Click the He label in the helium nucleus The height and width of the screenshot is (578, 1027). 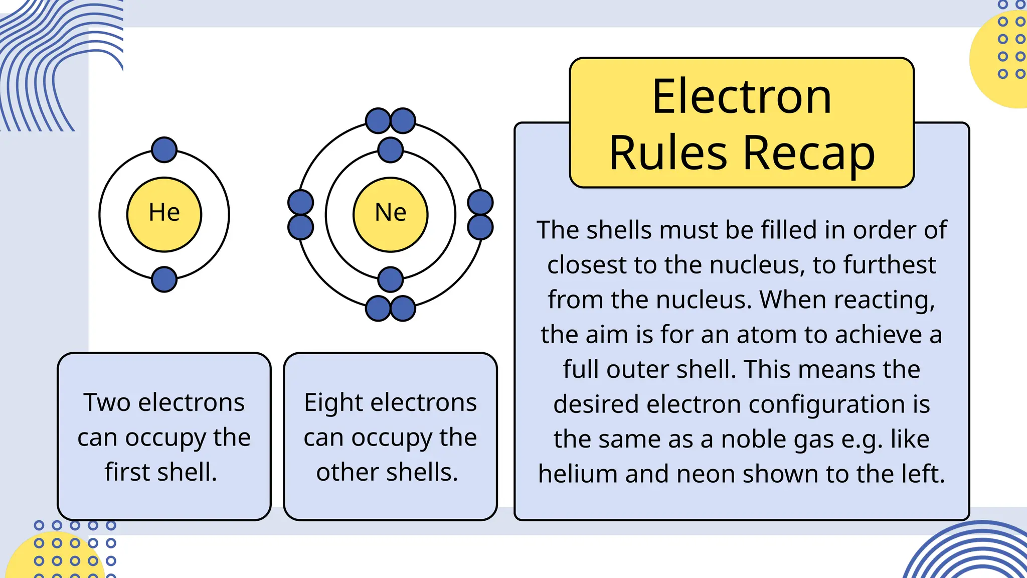tap(164, 213)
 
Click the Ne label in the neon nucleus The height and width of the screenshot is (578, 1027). tap(390, 213)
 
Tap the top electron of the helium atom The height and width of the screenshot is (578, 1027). tap(164, 150)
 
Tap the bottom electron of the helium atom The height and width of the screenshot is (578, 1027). tap(164, 279)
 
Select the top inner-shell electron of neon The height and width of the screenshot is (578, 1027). tap(390, 150)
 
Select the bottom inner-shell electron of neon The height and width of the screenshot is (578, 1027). tap(390, 279)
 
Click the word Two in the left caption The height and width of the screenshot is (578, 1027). tap(106, 402)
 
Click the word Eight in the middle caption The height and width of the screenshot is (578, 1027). tap(333, 402)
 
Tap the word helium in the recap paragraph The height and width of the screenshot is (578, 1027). tap(577, 474)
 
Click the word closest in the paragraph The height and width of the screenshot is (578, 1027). tap(586, 265)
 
